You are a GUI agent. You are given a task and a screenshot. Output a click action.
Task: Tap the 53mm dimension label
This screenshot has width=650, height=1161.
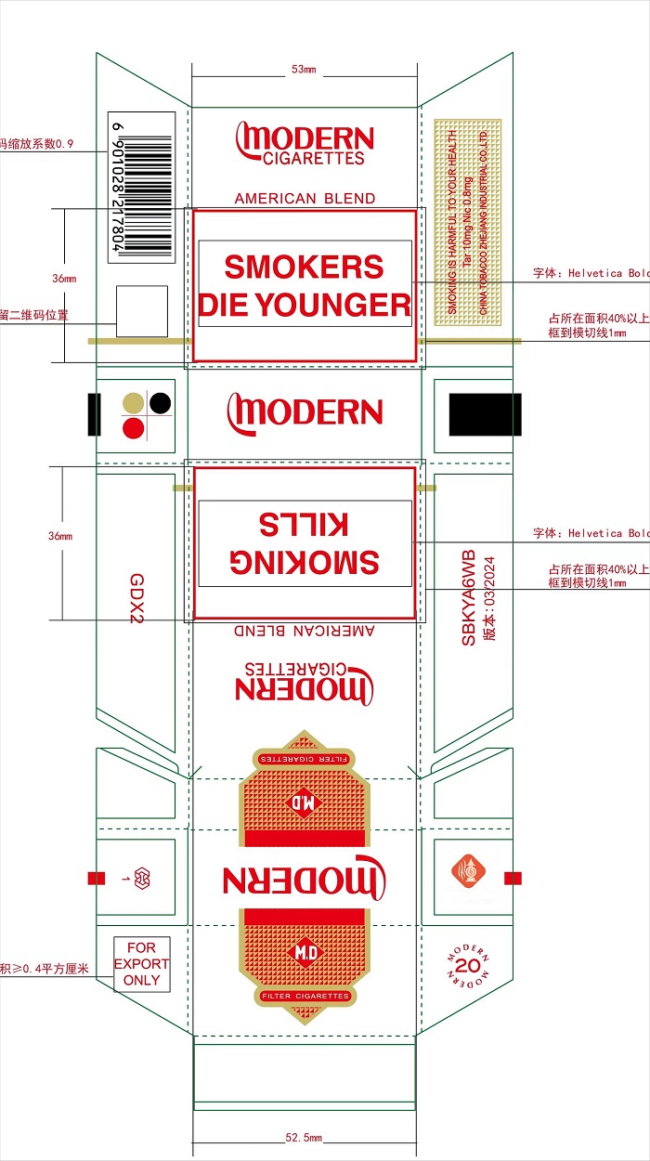point(304,70)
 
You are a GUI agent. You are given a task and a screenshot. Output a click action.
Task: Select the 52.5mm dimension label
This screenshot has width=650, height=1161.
point(304,1138)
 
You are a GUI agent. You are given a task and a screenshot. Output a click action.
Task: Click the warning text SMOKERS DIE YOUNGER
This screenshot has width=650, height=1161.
point(305,285)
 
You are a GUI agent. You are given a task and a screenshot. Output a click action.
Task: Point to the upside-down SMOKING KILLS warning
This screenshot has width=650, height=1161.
point(305,543)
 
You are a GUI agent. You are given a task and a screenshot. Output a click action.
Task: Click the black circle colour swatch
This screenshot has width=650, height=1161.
point(161,403)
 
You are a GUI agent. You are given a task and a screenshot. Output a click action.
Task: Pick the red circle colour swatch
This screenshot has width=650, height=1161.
point(135,428)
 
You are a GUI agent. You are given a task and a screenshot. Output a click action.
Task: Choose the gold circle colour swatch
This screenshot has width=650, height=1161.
point(135,403)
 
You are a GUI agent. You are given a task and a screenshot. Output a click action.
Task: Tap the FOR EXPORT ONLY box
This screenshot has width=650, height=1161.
point(142,964)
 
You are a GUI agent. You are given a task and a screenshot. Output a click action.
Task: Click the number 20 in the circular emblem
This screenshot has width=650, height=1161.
point(468,967)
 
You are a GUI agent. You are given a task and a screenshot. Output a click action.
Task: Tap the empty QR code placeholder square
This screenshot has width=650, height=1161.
point(142,311)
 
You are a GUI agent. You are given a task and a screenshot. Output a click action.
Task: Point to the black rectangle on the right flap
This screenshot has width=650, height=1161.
point(485,414)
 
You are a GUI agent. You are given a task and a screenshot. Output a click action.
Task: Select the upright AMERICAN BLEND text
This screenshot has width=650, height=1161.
point(305,198)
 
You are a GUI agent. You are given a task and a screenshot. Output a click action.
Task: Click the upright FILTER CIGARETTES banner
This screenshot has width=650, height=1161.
point(305,996)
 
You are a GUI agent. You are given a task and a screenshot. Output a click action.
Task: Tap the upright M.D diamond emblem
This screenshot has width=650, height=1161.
point(305,952)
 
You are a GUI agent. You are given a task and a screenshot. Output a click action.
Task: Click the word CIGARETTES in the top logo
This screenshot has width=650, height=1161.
point(314,159)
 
